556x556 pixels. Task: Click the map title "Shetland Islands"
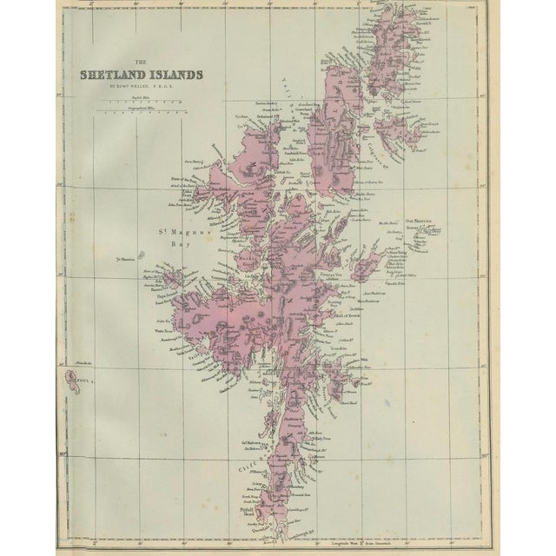pos(141,75)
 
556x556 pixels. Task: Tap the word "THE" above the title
pos(141,62)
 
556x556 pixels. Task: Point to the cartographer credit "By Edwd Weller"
pos(140,88)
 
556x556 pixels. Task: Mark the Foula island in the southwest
pos(72,379)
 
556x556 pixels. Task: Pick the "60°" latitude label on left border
pos(61,451)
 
